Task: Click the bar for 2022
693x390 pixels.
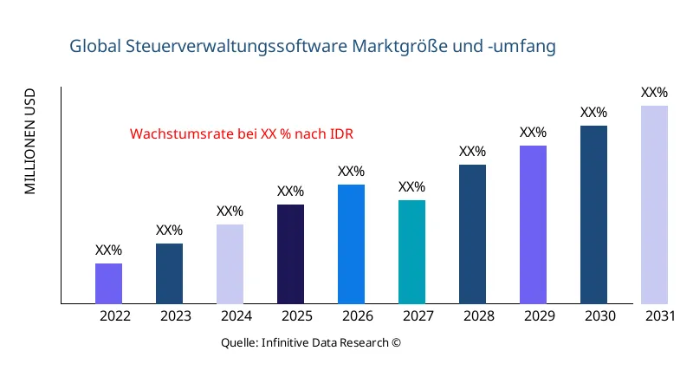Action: tap(108, 283)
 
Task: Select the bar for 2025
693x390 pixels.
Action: tap(290, 254)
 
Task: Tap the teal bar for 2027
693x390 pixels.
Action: tap(411, 252)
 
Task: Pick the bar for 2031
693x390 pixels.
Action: tap(654, 205)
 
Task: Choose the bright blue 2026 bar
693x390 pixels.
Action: tap(351, 244)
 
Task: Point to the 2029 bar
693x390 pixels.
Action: tap(533, 224)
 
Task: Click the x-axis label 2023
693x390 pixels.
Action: tap(176, 316)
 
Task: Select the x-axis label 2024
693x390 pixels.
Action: tap(236, 316)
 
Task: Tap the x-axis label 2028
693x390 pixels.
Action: tap(479, 316)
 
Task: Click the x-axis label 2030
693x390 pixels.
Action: tap(600, 316)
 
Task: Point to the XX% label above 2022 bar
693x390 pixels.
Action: tap(108, 250)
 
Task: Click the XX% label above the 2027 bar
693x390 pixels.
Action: tap(411, 187)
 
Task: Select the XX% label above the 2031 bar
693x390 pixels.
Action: tap(654, 93)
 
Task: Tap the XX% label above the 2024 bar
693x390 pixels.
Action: tap(230, 211)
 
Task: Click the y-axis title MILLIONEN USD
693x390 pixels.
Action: tap(30, 140)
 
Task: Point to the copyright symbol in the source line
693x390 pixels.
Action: tap(397, 342)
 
